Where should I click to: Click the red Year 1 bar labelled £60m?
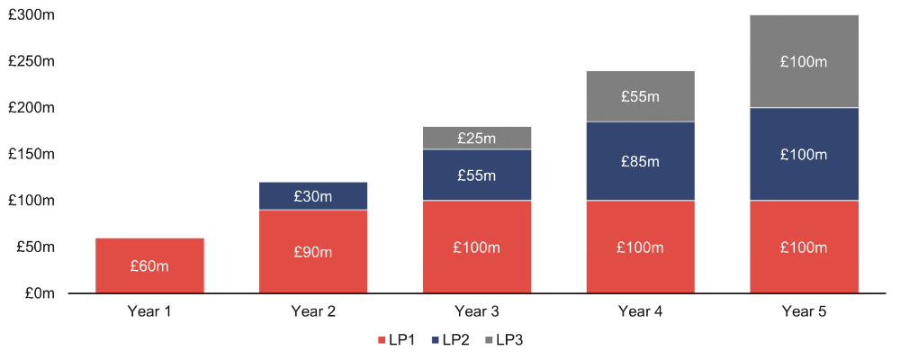tap(150, 265)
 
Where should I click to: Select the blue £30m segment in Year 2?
tap(313, 195)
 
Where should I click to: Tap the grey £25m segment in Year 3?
tap(477, 138)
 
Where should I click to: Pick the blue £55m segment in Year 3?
tap(477, 175)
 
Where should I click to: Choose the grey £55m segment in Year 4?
tap(641, 96)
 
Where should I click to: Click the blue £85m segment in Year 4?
tap(641, 161)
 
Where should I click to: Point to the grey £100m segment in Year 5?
tap(804, 61)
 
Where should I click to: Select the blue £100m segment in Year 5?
tap(804, 154)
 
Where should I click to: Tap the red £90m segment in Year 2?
tap(313, 251)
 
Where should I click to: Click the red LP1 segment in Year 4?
tap(641, 247)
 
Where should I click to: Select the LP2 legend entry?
tap(452, 340)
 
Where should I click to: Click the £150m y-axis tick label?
tap(32, 154)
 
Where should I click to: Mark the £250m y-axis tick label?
tap(32, 61)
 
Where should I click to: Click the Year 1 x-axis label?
tap(150, 312)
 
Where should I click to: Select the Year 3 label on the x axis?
tap(477, 312)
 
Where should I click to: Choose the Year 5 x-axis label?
tap(804, 312)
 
